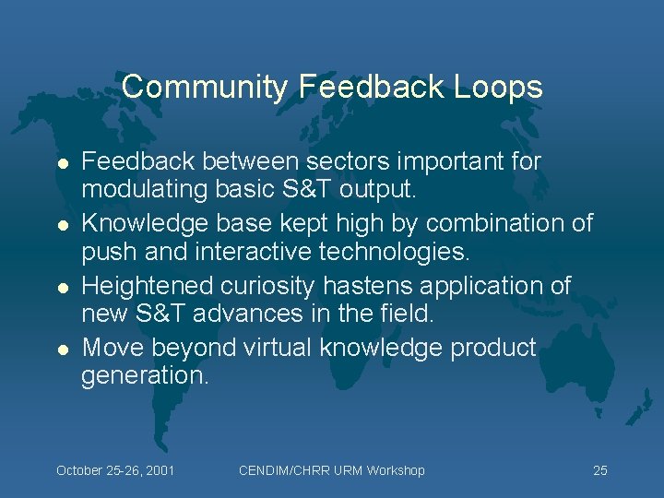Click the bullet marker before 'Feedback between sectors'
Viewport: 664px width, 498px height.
click(x=62, y=162)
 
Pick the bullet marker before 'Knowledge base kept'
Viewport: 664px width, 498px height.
click(x=62, y=224)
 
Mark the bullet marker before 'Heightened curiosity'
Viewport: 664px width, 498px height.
click(x=62, y=287)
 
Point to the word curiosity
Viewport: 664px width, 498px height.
click(x=277, y=286)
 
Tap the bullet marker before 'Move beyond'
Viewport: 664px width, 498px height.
click(x=62, y=349)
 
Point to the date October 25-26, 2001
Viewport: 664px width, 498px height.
click(x=115, y=470)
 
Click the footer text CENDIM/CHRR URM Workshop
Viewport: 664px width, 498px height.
click(x=331, y=470)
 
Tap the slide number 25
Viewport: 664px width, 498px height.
click(x=599, y=470)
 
